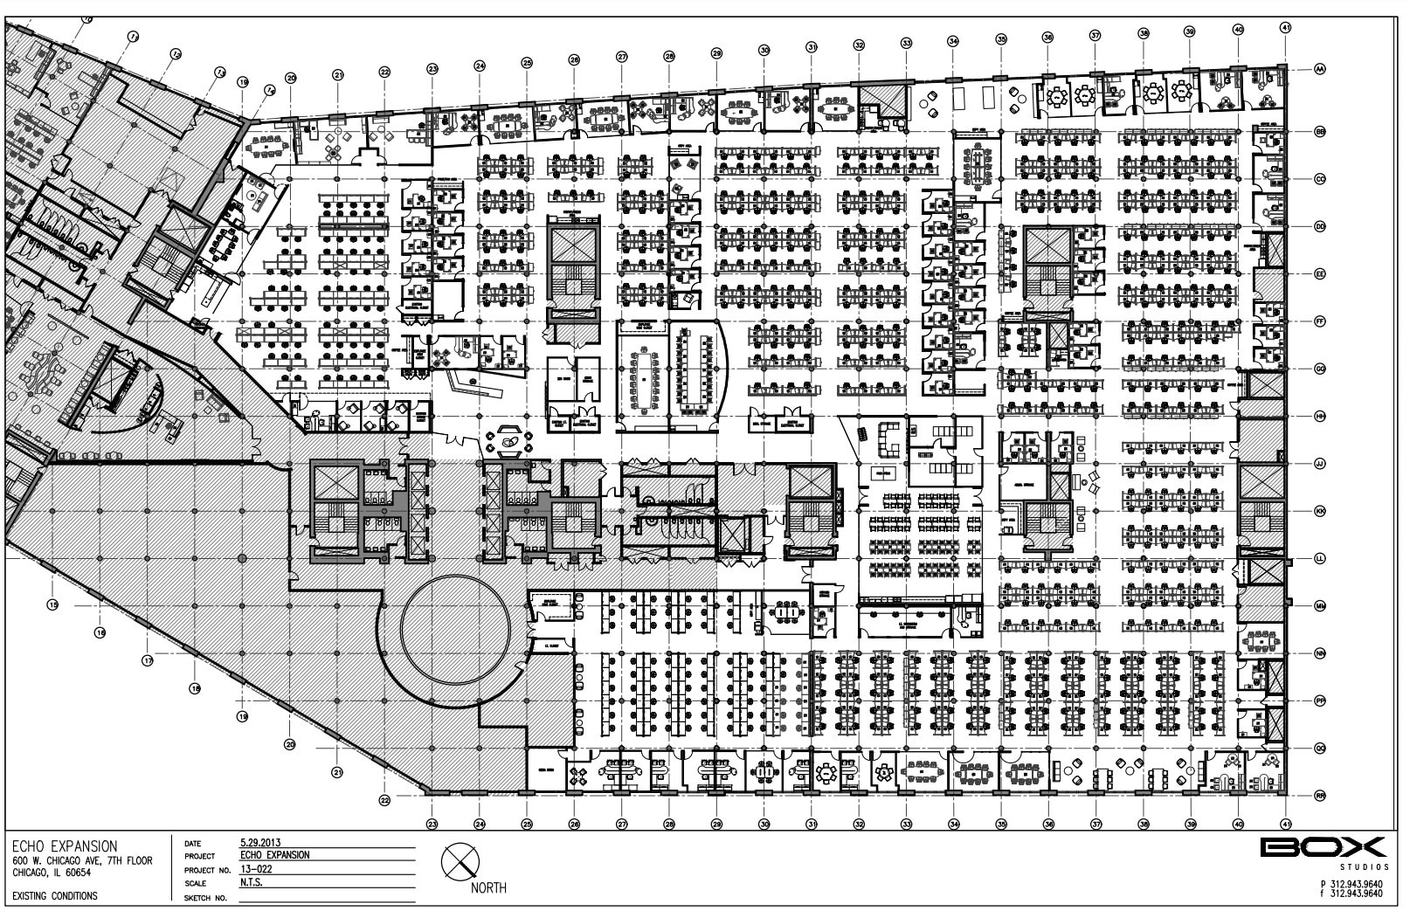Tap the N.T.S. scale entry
(x=252, y=883)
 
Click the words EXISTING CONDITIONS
(x=54, y=896)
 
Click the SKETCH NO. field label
(x=207, y=897)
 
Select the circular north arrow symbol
(x=460, y=863)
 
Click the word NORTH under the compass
(x=488, y=889)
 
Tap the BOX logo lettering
(x=1323, y=847)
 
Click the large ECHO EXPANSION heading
(x=64, y=846)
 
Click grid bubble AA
(x=1320, y=68)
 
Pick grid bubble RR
(x=1320, y=796)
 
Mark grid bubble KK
(x=1320, y=511)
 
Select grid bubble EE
(x=1320, y=274)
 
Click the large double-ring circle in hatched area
(x=455, y=629)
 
